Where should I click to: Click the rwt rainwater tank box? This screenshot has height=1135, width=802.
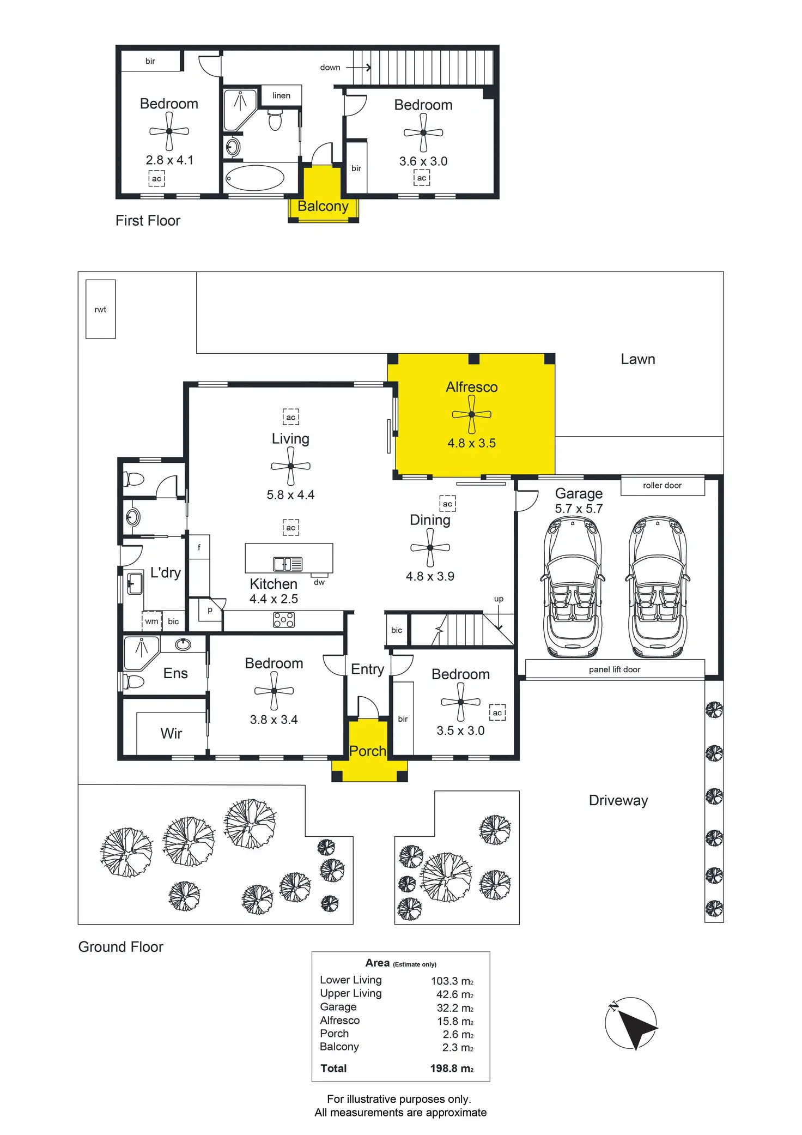100,309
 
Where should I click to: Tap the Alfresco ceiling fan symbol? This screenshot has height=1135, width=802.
472,414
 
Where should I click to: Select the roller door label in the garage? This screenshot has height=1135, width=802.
662,485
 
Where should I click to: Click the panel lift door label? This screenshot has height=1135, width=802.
615,669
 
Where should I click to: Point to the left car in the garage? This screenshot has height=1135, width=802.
573,587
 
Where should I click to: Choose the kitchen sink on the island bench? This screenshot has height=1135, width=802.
288,564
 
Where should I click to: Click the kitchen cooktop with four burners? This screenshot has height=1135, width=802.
284,620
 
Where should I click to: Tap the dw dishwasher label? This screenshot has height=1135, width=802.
319,582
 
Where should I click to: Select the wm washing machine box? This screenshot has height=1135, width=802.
151,621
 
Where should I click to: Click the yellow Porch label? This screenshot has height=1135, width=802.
368,751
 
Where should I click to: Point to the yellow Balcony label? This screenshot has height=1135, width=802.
323,206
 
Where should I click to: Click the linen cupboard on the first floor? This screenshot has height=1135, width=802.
281,95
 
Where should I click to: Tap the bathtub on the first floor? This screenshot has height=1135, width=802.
255,178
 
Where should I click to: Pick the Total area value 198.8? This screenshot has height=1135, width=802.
452,1068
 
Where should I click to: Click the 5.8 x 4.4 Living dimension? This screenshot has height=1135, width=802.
290,495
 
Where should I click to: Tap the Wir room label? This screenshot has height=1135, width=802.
171,733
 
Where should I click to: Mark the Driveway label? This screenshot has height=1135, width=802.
618,800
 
